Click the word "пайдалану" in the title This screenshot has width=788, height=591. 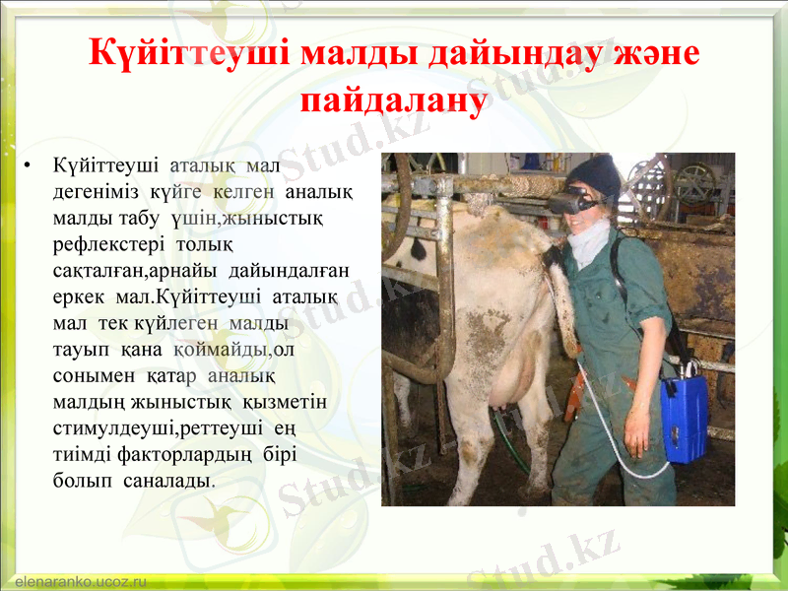click(394, 99)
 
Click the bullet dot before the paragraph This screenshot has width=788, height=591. click(33, 164)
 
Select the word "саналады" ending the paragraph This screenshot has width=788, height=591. click(165, 480)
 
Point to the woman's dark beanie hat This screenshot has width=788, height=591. click(594, 175)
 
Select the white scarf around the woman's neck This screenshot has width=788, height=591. click(589, 241)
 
